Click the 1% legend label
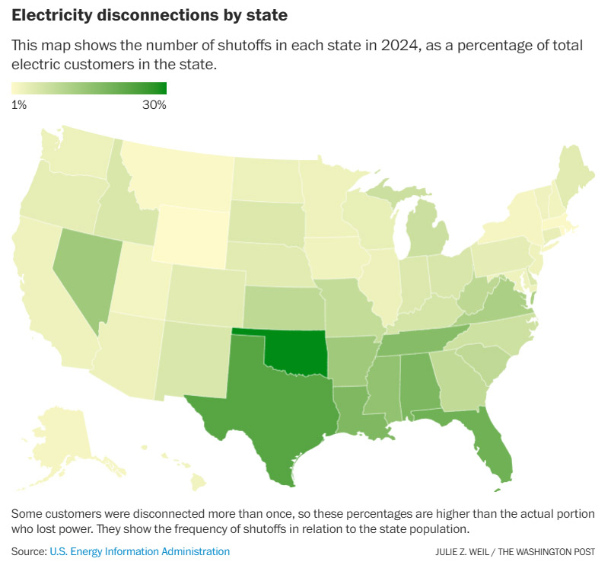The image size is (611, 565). pyautogui.click(x=19, y=105)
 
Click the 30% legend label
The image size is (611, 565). pyautogui.click(x=154, y=105)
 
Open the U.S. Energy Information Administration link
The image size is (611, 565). pyautogui.click(x=139, y=551)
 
